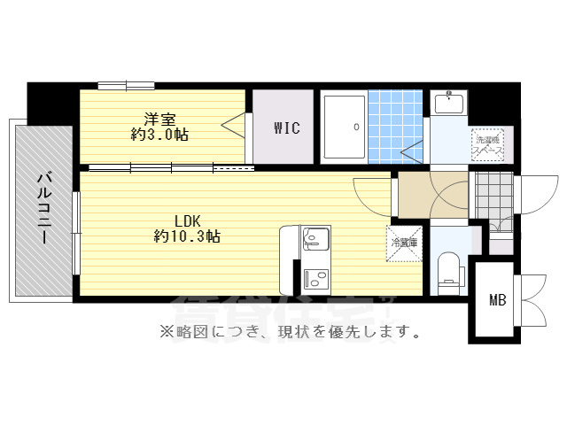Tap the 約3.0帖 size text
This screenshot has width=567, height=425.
click(x=159, y=135)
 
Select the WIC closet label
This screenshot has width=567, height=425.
click(x=286, y=128)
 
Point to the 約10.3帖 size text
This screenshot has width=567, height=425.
click(x=187, y=236)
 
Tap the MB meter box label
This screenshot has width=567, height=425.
click(x=498, y=300)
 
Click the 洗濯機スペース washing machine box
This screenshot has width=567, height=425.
click(x=488, y=144)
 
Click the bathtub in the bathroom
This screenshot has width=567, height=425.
click(x=343, y=127)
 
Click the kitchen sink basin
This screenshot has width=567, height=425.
click(x=315, y=239)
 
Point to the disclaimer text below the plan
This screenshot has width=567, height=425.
click(x=289, y=333)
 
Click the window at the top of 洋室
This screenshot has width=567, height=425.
click(x=127, y=86)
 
